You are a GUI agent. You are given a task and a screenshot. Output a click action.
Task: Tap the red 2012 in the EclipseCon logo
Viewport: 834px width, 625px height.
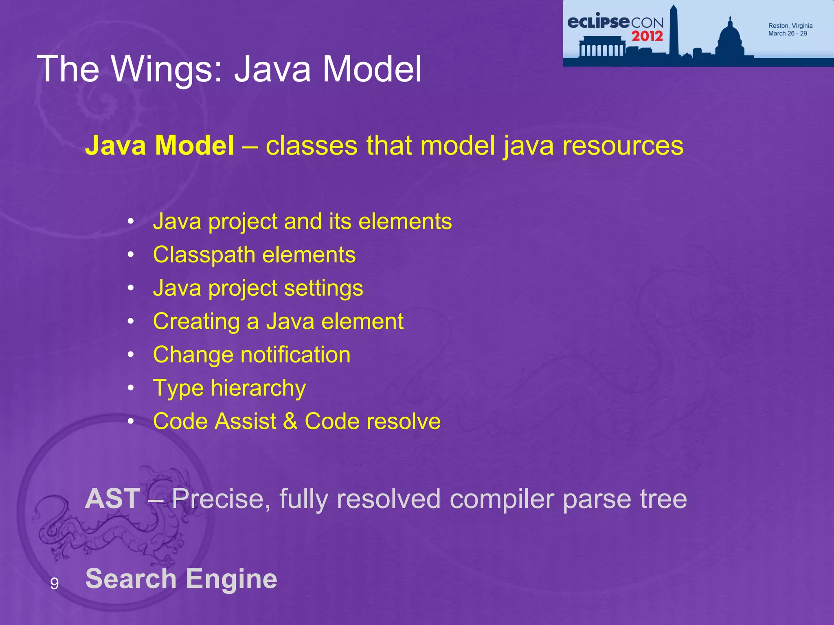coord(647,36)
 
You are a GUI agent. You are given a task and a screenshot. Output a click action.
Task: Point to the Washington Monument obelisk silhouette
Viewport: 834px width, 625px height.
coord(674,31)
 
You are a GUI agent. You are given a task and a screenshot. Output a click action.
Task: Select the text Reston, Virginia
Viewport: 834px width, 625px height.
coord(790,26)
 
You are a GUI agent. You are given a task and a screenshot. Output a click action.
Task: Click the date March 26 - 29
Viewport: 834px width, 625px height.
coord(787,34)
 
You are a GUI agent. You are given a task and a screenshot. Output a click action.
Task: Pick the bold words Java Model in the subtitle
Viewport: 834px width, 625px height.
coord(159,145)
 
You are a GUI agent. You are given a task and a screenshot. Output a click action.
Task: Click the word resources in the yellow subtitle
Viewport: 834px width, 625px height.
coord(623,145)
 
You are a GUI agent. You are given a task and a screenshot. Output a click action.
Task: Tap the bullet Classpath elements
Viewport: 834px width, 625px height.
coord(254,255)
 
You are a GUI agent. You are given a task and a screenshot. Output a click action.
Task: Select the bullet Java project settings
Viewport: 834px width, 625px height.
coord(258,288)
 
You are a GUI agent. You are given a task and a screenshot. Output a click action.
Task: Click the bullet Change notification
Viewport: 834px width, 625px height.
coord(252,355)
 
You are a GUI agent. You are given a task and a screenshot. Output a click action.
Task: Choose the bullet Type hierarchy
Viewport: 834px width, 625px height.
coord(229,388)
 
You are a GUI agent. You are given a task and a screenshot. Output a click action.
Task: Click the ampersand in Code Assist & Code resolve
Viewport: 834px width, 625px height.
coord(290,421)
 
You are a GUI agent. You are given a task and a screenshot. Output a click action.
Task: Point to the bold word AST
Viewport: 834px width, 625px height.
coord(112,498)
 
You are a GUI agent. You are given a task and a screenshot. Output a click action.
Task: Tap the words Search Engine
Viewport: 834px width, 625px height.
coord(181,579)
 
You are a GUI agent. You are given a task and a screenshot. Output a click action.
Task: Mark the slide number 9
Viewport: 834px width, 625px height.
coord(54,584)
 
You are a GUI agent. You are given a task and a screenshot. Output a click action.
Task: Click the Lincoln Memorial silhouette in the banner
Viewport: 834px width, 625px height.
coord(602,47)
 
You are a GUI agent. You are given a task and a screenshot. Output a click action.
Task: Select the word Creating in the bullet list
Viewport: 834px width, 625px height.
coord(196,322)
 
